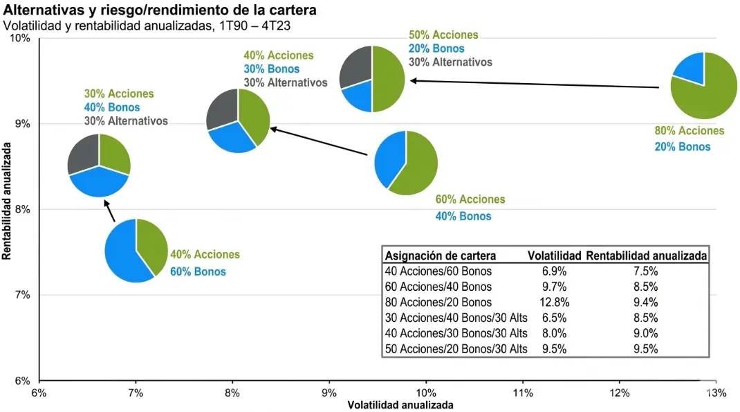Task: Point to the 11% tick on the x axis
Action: coord(523,393)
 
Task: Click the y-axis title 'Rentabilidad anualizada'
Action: coord(8,201)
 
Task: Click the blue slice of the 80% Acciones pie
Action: coord(690,68)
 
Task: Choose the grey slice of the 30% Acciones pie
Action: coord(84,153)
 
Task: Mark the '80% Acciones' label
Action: coord(689,131)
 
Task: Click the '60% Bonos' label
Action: coord(198,271)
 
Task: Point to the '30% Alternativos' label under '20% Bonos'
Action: coord(450,62)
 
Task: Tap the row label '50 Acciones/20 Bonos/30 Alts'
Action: coord(456,349)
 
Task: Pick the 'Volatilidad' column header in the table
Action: coord(554,256)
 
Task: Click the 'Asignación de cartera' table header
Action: coord(440,256)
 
